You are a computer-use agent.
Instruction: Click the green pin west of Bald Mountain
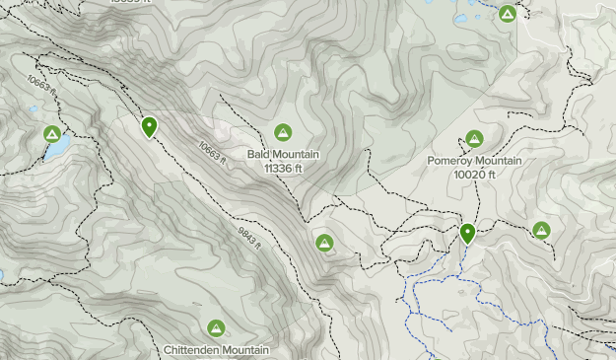point(149,126)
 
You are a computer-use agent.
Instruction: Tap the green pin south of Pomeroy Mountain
point(467,233)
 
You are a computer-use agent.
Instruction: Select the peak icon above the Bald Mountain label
point(283,132)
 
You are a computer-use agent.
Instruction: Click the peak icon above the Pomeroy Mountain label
point(474,139)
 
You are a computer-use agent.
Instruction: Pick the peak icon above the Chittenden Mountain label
point(216,328)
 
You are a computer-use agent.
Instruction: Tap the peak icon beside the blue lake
point(51,134)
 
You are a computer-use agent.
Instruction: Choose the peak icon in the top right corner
point(507,14)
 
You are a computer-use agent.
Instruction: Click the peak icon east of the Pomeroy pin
point(541,231)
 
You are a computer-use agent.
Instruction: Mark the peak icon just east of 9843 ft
point(324,243)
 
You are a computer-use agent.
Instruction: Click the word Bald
point(259,155)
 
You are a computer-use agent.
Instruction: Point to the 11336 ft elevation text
point(283,168)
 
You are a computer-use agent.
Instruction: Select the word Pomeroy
point(451,161)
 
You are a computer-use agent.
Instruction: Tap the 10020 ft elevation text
point(474,174)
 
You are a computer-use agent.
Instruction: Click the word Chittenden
point(190,350)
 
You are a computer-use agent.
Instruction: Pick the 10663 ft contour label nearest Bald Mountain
point(212,152)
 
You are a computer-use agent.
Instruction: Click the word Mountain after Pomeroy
point(499,161)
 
